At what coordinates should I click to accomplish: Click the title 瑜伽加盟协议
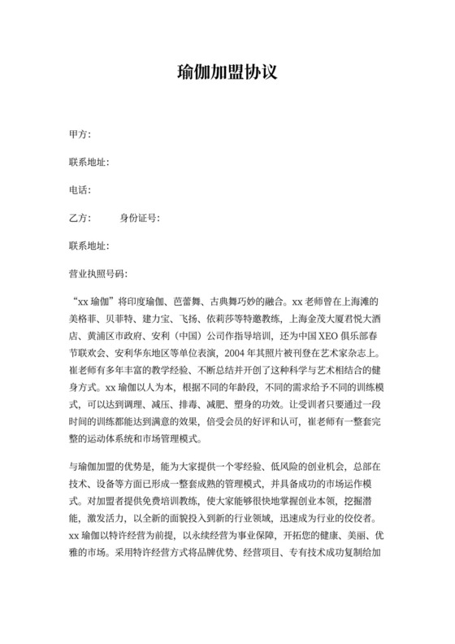pyautogui.click(x=227, y=72)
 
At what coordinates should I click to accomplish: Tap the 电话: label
pyautogui.click(x=80, y=190)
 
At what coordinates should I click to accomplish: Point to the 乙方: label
pyautogui.click(x=80, y=219)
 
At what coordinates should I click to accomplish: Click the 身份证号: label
pyautogui.click(x=139, y=219)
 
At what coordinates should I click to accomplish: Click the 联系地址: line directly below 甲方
pyautogui.click(x=89, y=163)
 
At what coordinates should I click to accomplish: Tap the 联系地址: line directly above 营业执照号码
pyautogui.click(x=89, y=246)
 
